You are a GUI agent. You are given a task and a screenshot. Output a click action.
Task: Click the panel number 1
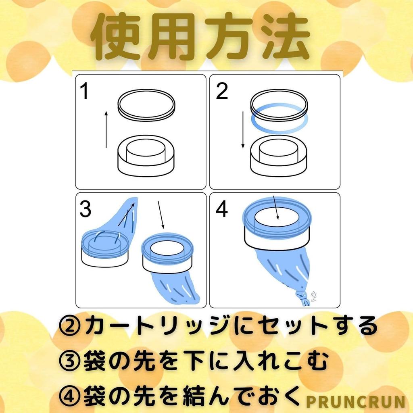pyautogui.click(x=85, y=91)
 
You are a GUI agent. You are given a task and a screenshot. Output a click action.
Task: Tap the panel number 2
pyautogui.click(x=222, y=91)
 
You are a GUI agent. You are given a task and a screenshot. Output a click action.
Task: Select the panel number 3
pyautogui.click(x=86, y=209)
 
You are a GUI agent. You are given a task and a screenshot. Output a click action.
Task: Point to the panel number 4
pyautogui.click(x=221, y=209)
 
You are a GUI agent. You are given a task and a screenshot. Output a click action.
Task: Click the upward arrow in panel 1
pyautogui.click(x=106, y=129)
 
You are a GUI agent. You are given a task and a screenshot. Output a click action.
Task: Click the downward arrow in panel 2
pyautogui.click(x=243, y=130)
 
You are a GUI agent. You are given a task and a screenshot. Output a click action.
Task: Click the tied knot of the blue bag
pyautogui.click(x=303, y=298)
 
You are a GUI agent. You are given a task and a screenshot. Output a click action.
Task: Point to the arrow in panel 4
pyautogui.click(x=276, y=207)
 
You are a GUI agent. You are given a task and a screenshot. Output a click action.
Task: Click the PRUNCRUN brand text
pyautogui.click(x=355, y=402)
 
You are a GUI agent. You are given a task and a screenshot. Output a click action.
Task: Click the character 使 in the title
pyautogui.click(x=117, y=37)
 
